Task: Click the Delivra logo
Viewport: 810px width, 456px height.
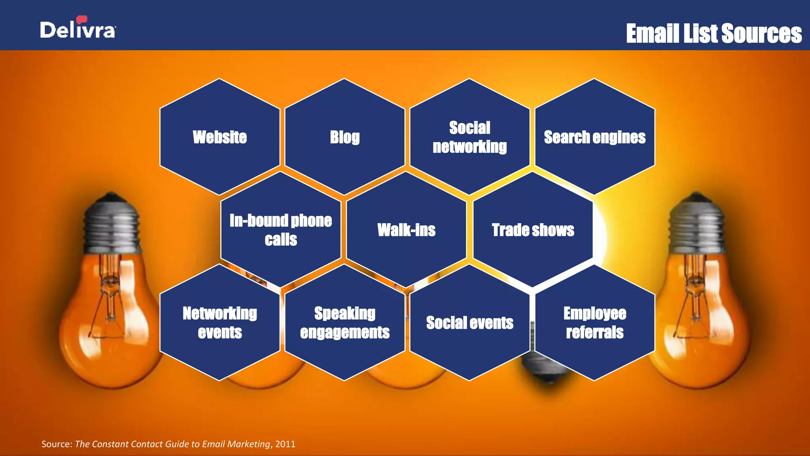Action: coord(78,28)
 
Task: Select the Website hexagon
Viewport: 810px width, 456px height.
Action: coord(220,137)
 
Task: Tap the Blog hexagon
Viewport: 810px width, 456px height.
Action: coord(345,137)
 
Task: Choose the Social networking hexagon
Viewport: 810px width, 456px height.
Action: coord(469,137)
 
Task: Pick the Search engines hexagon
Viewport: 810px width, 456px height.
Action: coord(594,137)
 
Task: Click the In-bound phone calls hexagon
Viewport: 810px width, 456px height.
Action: coord(281,230)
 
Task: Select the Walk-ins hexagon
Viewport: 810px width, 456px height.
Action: coord(406,230)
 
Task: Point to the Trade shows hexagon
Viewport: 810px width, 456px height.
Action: coord(533,230)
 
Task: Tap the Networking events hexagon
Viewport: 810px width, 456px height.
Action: coord(220,323)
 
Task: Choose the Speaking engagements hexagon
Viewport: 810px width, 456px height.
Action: coord(345,323)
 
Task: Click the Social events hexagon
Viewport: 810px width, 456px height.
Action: coord(469,323)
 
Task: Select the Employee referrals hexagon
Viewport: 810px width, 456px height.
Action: coord(594,323)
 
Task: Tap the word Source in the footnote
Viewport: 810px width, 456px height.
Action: coord(57,444)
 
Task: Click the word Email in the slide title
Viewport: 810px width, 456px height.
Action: coord(653,34)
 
